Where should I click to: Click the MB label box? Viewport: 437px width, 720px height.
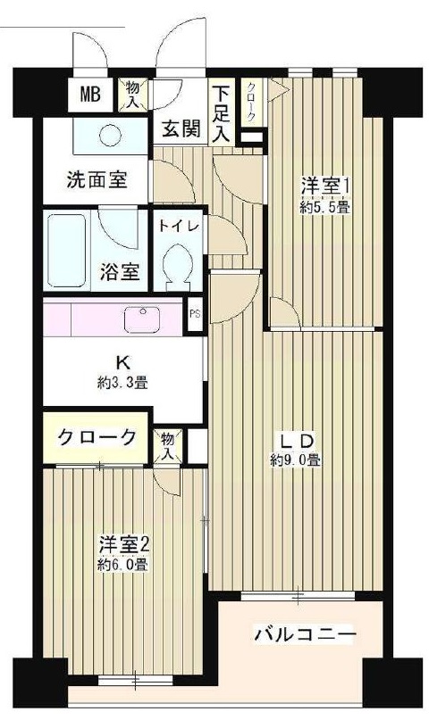[x=90, y=94]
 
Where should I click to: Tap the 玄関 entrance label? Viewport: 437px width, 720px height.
[x=180, y=128]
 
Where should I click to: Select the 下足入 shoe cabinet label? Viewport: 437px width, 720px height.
[x=221, y=114]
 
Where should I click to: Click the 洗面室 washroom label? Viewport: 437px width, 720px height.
[x=97, y=179]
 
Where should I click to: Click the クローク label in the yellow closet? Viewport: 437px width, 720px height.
[x=97, y=437]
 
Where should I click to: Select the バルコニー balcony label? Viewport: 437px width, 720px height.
[x=305, y=634]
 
